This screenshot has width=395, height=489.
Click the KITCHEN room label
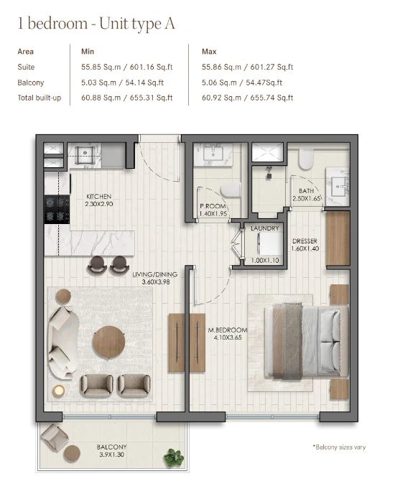[98, 197]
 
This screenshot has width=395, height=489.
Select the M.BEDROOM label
[228, 330]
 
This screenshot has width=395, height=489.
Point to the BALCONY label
[111, 447]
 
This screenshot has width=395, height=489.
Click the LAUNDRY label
[264, 228]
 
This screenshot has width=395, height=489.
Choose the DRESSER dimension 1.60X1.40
[305, 248]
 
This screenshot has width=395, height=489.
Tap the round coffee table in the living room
[109, 342]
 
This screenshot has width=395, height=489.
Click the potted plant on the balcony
[174, 458]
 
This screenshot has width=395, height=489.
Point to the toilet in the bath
[305, 159]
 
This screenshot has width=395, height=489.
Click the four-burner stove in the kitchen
[57, 209]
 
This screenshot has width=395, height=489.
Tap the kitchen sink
[85, 154]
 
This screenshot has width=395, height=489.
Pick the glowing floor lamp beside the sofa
[58, 391]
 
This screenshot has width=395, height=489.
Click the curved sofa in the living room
[62, 343]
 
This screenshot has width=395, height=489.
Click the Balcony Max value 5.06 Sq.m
[221, 83]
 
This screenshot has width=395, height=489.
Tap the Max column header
[209, 52]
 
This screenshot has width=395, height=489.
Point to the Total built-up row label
[39, 98]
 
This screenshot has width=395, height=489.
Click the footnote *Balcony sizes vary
[339, 447]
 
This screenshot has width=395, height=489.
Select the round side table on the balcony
[72, 453]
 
